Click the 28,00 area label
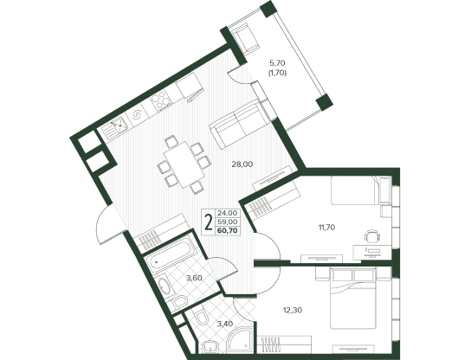(x=242, y=164)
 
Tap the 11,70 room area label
(x=326, y=228)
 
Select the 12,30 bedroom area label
(x=293, y=310)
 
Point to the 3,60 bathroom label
(x=194, y=278)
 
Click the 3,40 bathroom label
(x=223, y=324)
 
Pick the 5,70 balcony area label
(x=277, y=63)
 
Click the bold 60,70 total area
(x=228, y=230)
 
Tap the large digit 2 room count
(x=208, y=222)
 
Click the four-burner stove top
(x=162, y=100)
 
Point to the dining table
(x=180, y=164)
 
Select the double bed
(x=353, y=298)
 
